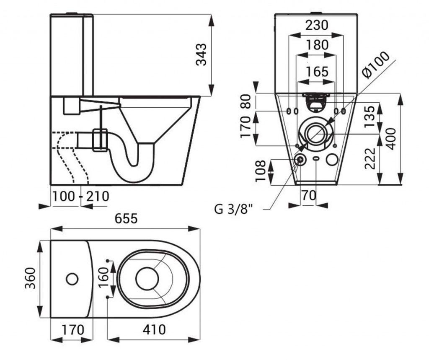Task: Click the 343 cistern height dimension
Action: pyautogui.click(x=202, y=54)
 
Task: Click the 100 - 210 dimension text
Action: pyautogui.click(x=80, y=196)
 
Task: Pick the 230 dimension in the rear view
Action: pyautogui.click(x=316, y=25)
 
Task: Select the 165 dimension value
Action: pyautogui.click(x=316, y=71)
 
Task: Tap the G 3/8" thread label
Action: pyautogui.click(x=235, y=210)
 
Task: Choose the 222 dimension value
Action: pyautogui.click(x=370, y=158)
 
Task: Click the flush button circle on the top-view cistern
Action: pyautogui.click(x=72, y=279)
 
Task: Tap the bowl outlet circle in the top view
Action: pyautogui.click(x=147, y=279)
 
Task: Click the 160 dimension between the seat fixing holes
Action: pyautogui.click(x=103, y=278)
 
